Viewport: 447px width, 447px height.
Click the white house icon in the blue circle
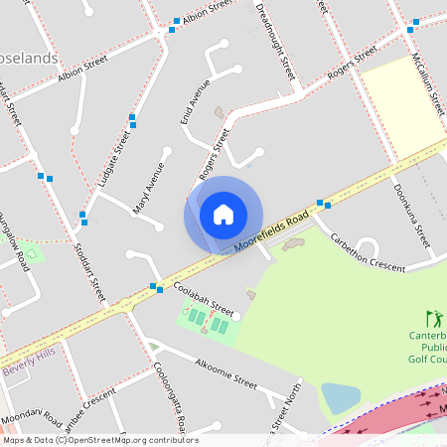tap(223, 215)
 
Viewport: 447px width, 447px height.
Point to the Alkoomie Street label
tap(226, 372)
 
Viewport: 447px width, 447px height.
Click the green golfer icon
tap(433, 319)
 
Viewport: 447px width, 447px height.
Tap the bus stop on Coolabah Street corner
tap(156, 288)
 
